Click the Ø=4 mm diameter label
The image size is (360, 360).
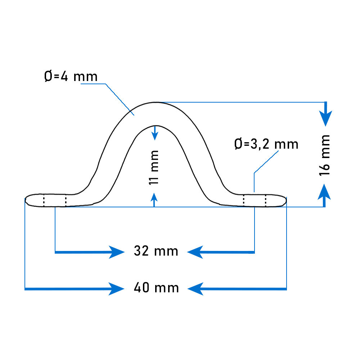click(71, 76)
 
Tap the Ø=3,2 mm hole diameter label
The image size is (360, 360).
click(266, 144)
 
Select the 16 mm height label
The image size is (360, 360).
click(325, 156)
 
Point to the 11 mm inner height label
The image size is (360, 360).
click(154, 167)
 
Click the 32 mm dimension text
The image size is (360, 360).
click(156, 251)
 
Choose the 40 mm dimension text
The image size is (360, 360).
click(156, 288)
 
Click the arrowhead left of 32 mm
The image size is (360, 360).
click(117, 252)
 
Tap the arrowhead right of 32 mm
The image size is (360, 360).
click(195, 252)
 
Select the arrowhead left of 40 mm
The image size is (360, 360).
click(117, 289)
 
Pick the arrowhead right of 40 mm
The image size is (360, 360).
click(195, 289)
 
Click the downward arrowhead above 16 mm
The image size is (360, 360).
click(325, 118)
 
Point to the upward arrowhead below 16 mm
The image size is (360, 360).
click(324, 192)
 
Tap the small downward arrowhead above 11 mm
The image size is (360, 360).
click(155, 136)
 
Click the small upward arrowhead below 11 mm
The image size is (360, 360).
click(154, 197)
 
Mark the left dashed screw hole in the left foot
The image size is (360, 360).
click(44, 200)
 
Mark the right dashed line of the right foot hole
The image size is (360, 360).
click(266, 200)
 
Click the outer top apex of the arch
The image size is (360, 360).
click(156, 102)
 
